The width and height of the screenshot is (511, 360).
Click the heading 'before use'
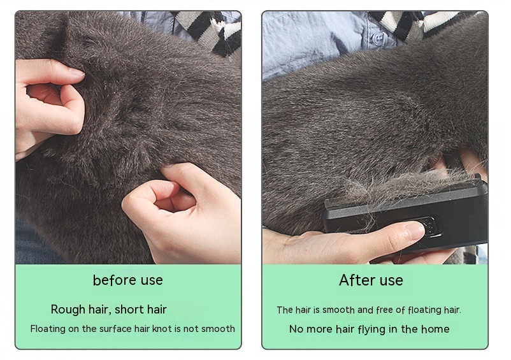[x=127, y=280]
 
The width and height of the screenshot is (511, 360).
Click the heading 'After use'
[x=371, y=280]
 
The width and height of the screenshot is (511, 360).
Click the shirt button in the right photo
[x=378, y=38]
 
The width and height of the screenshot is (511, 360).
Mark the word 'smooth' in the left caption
[x=218, y=328]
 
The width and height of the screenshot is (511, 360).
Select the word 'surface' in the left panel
[x=115, y=328]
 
